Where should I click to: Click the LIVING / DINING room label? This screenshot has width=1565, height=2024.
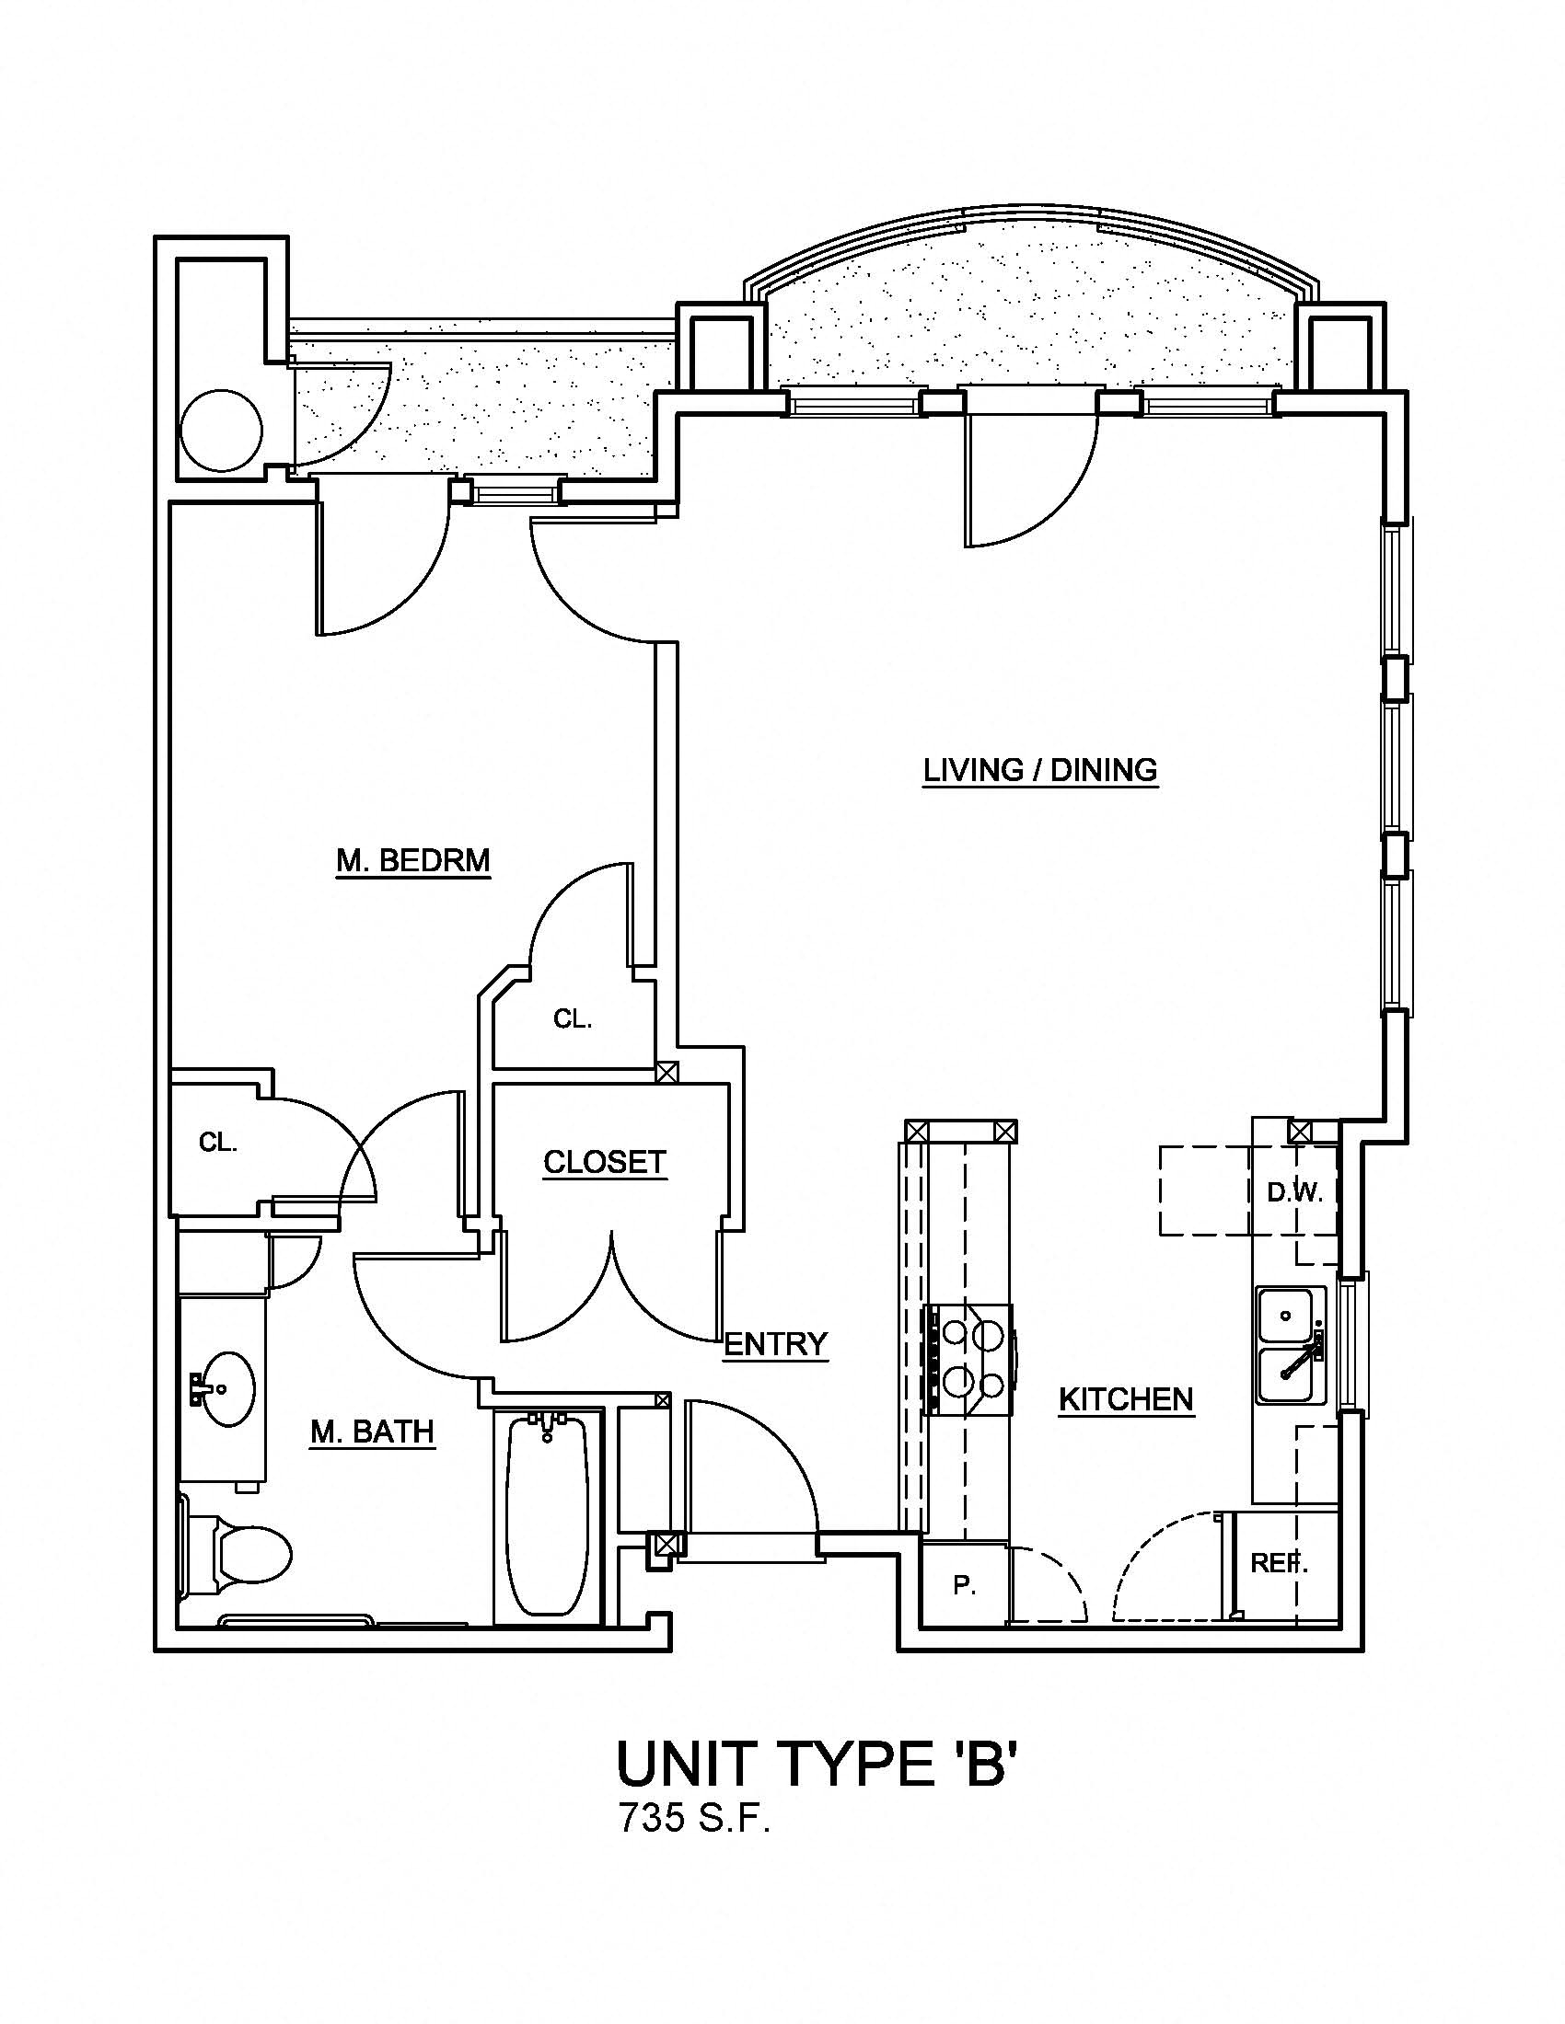click(1040, 770)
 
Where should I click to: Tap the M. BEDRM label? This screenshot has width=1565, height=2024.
click(412, 861)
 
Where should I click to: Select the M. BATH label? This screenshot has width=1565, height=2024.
click(372, 1432)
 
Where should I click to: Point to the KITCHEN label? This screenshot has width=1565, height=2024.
click(1126, 1399)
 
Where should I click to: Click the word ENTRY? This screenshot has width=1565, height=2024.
click(775, 1344)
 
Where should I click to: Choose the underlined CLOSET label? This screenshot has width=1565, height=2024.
click(605, 1162)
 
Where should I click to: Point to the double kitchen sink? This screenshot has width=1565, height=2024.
click(1286, 1345)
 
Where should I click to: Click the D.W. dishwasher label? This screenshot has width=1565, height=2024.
click(1294, 1193)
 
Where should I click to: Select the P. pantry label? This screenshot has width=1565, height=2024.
click(964, 1587)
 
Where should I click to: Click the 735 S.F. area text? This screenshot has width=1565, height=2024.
click(695, 1820)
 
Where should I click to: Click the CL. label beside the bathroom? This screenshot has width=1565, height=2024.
click(218, 1144)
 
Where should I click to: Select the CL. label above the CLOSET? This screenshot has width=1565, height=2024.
click(572, 1019)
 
